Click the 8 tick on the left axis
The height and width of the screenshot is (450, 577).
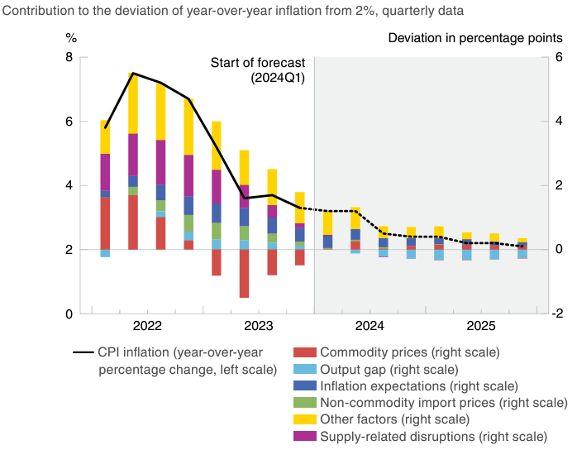pyautogui.click(x=68, y=57)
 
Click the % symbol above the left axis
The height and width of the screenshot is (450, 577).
pyautogui.click(x=71, y=39)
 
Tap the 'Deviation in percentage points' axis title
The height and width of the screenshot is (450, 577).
pyautogui.click(x=476, y=39)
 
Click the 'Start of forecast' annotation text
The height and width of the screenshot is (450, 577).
pyautogui.click(x=258, y=63)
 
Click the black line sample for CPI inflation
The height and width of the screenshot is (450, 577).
pyautogui.click(x=82, y=352)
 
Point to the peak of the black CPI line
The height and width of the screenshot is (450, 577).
pyautogui.click(x=133, y=74)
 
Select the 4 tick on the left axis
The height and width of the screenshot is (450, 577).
pyautogui.click(x=68, y=185)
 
